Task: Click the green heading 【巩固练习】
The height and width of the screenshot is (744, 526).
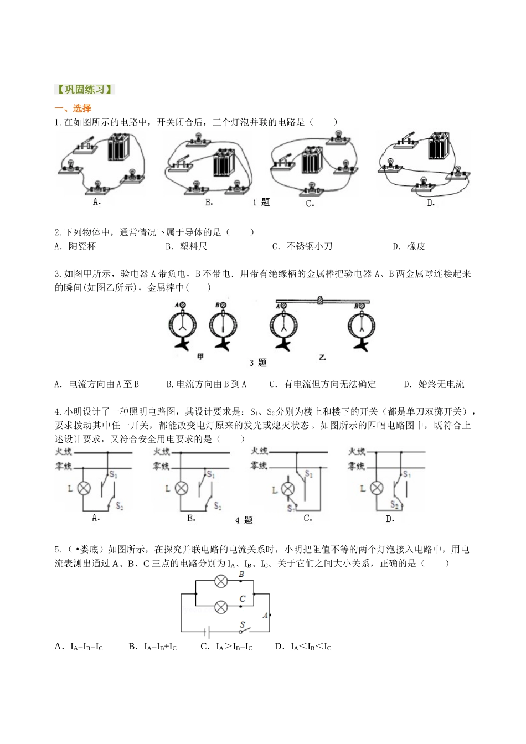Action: pyautogui.click(x=84, y=90)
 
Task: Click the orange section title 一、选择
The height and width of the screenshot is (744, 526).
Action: pyautogui.click(x=73, y=108)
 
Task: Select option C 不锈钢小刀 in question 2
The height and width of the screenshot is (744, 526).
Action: pyautogui.click(x=302, y=246)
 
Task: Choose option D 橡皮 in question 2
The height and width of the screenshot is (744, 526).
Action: pyautogui.click(x=410, y=246)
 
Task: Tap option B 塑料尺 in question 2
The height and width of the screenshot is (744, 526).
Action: pyautogui.click(x=187, y=246)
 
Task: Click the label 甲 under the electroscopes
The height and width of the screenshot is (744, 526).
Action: pyautogui.click(x=200, y=357)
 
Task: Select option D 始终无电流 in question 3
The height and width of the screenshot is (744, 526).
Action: pyautogui.click(x=435, y=384)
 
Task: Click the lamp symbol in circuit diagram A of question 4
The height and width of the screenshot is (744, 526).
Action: pyautogui.click(x=84, y=488)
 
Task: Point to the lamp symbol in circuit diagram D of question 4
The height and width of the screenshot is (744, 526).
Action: pyautogui.click(x=377, y=488)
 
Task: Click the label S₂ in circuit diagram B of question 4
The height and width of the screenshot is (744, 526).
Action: pyautogui.click(x=218, y=507)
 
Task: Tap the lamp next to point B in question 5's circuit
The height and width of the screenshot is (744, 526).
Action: pyautogui.click(x=221, y=582)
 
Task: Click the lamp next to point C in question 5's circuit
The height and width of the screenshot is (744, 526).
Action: pyautogui.click(x=221, y=607)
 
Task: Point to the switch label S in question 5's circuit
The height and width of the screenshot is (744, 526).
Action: pyautogui.click(x=242, y=626)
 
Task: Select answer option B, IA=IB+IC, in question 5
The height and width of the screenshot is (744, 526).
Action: pyautogui.click(x=153, y=647)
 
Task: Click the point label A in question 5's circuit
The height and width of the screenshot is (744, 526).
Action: pyautogui.click(x=265, y=616)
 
